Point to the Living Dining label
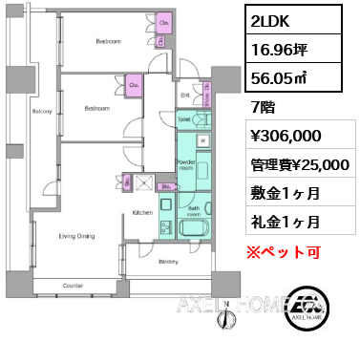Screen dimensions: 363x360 76,234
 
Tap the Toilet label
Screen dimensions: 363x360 182,119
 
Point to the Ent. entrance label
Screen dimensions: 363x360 184,96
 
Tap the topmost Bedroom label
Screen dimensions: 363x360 108,42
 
